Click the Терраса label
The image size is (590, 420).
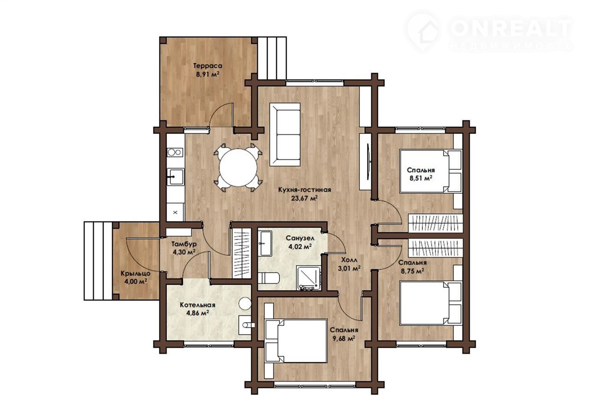(207, 66)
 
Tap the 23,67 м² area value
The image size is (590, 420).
(304, 198)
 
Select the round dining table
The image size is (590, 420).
(238, 168)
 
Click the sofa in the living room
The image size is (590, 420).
(285, 135)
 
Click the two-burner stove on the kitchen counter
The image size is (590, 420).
(175, 152)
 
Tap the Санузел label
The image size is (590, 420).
(300, 238)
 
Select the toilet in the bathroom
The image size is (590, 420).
(269, 279)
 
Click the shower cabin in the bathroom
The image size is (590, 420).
(308, 278)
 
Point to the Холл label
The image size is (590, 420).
(349, 260)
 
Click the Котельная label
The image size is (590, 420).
(198, 305)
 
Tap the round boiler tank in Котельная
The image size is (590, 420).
(245, 304)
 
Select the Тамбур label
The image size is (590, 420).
(184, 244)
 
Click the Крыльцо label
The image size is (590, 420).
(136, 273)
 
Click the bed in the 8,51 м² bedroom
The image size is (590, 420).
(431, 171)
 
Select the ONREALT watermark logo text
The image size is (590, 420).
(511, 28)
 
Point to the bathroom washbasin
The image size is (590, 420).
(265, 244)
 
